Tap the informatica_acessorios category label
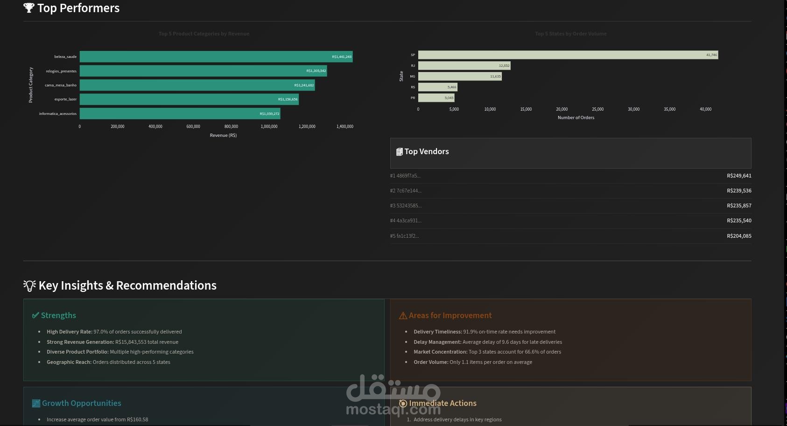(58, 114)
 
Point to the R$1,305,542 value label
(316, 71)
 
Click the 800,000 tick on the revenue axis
(231, 127)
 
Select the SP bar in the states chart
(568, 55)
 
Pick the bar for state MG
(460, 77)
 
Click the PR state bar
(436, 98)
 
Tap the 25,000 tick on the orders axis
(597, 109)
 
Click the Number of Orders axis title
(576, 118)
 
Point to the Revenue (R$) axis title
(223, 135)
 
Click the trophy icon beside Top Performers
(29, 8)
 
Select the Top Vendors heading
(426, 151)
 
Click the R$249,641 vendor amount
(739, 176)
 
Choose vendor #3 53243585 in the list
(406, 206)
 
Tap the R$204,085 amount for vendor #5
(739, 236)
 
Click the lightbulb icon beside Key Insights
(29, 285)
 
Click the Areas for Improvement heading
(450, 315)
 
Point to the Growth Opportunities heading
(81, 403)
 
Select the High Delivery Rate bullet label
(69, 332)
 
